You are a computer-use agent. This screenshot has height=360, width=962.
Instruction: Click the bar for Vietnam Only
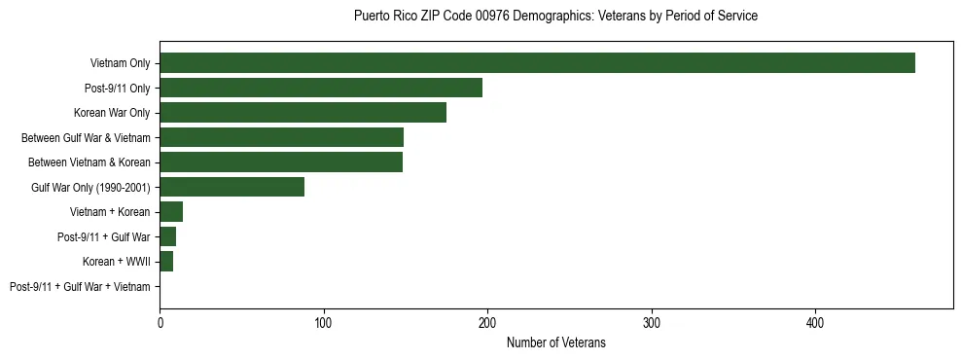[537, 63]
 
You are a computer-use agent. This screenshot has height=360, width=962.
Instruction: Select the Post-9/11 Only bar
[321, 88]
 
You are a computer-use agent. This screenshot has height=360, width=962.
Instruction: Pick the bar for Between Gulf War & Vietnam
[281, 137]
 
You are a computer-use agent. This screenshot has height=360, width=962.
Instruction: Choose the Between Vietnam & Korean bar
[281, 162]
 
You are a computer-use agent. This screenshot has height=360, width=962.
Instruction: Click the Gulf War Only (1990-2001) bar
[232, 187]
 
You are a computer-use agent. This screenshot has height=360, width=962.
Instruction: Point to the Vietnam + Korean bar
[171, 212]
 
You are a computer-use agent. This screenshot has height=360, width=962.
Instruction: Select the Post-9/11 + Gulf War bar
[167, 236]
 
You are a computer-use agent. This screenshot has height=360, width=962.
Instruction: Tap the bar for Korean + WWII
[166, 262]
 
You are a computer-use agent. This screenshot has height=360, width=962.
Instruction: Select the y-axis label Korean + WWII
[117, 262]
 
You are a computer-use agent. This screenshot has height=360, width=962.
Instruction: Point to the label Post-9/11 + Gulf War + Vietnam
[80, 287]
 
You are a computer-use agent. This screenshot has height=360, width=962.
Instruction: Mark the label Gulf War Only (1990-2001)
[90, 187]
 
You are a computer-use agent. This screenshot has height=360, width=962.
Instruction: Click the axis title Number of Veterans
[555, 342]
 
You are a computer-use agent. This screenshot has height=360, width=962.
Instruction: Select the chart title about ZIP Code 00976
[555, 17]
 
